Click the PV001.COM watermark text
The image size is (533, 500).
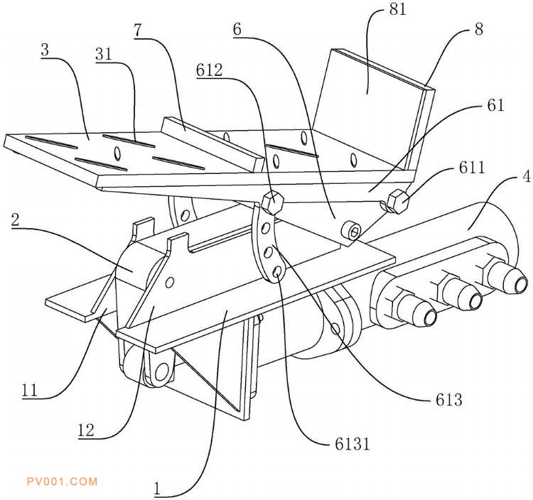pyautogui.click(x=61, y=482)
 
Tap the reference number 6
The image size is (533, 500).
pyautogui.click(x=237, y=30)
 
